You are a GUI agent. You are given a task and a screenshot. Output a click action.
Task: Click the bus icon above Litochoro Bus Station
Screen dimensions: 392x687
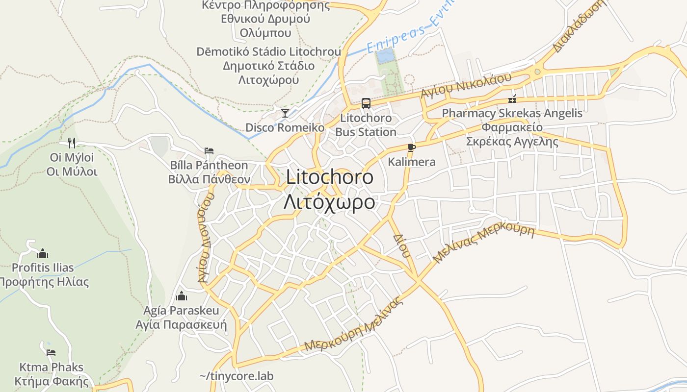point(366,103)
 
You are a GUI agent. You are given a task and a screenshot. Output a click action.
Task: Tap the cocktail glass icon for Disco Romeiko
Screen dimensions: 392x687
point(285,113)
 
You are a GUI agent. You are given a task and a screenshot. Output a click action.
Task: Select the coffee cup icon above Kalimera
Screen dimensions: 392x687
point(411,147)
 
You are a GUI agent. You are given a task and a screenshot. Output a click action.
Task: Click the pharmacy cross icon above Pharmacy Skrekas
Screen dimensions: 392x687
point(513,99)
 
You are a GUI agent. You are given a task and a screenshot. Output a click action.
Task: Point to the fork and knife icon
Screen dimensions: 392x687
point(72,143)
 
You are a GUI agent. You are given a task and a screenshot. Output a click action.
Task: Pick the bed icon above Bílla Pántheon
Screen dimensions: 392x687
point(209,150)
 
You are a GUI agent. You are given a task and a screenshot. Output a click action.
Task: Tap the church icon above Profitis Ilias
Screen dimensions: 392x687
point(43,253)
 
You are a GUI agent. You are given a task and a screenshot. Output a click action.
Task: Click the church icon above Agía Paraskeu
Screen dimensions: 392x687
point(182,296)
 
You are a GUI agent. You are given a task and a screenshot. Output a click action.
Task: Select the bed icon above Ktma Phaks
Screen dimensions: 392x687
point(51,353)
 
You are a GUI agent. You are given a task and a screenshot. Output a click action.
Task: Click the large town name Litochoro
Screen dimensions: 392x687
point(329,177)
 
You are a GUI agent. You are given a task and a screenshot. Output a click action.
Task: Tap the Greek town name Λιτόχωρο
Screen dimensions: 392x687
point(329,202)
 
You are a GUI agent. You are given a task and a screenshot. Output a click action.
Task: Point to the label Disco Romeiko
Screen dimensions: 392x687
point(285,128)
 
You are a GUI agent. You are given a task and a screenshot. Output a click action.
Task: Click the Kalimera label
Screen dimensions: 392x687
point(411,162)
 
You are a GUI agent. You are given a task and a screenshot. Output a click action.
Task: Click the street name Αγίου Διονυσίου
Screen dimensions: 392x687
point(206,238)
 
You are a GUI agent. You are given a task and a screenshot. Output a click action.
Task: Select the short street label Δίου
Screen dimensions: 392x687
point(401,245)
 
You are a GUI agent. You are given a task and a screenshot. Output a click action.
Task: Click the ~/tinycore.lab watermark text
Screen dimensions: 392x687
point(236,376)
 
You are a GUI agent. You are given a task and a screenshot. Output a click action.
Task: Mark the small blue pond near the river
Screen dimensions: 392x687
point(385,54)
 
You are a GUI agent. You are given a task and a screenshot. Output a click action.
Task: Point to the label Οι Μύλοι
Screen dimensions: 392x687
point(72,171)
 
